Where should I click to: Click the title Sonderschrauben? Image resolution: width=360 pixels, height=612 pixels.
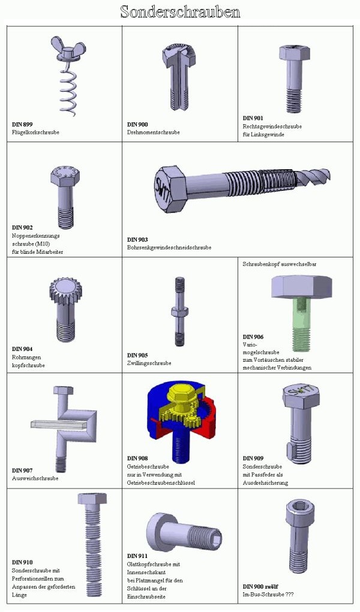pos(180,12)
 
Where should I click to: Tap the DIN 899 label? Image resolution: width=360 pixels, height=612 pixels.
pos(22,125)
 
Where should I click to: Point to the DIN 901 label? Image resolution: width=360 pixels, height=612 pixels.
pos(253,118)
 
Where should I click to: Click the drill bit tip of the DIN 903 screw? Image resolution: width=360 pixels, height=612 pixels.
pos(316,176)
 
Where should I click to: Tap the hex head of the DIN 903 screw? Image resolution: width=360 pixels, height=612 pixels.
pos(171,189)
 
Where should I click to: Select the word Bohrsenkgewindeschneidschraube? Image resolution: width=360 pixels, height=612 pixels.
pos(169,247)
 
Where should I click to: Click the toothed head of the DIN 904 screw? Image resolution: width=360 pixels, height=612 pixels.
pos(67,291)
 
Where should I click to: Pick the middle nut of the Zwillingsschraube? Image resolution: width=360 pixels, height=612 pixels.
pos(179,311)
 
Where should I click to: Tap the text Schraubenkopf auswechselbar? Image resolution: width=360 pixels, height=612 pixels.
pos(279,264)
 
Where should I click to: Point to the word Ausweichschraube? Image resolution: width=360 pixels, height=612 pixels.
pos(35,478)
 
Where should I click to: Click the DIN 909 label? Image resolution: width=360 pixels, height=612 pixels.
pos(253,458)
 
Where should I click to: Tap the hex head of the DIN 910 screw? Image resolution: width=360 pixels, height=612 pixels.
pos(92,499)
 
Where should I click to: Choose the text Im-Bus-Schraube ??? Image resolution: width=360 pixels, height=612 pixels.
pos(268,595)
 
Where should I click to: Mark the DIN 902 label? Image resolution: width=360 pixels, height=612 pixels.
pos(22,227)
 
